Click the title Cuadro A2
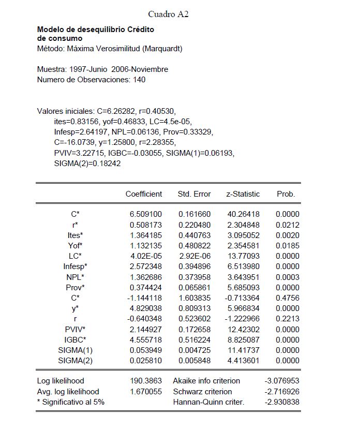168,14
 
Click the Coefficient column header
144,194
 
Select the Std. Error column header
194,194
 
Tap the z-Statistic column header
243,194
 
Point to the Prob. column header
286,194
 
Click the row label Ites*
76,234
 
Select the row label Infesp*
76,266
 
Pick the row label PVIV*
76,329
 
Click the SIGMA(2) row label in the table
76,360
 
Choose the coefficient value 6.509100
146,214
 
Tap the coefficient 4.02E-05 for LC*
146,256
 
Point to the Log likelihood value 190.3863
147,381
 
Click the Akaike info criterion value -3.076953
281,381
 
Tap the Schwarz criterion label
202,391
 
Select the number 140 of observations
139,80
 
